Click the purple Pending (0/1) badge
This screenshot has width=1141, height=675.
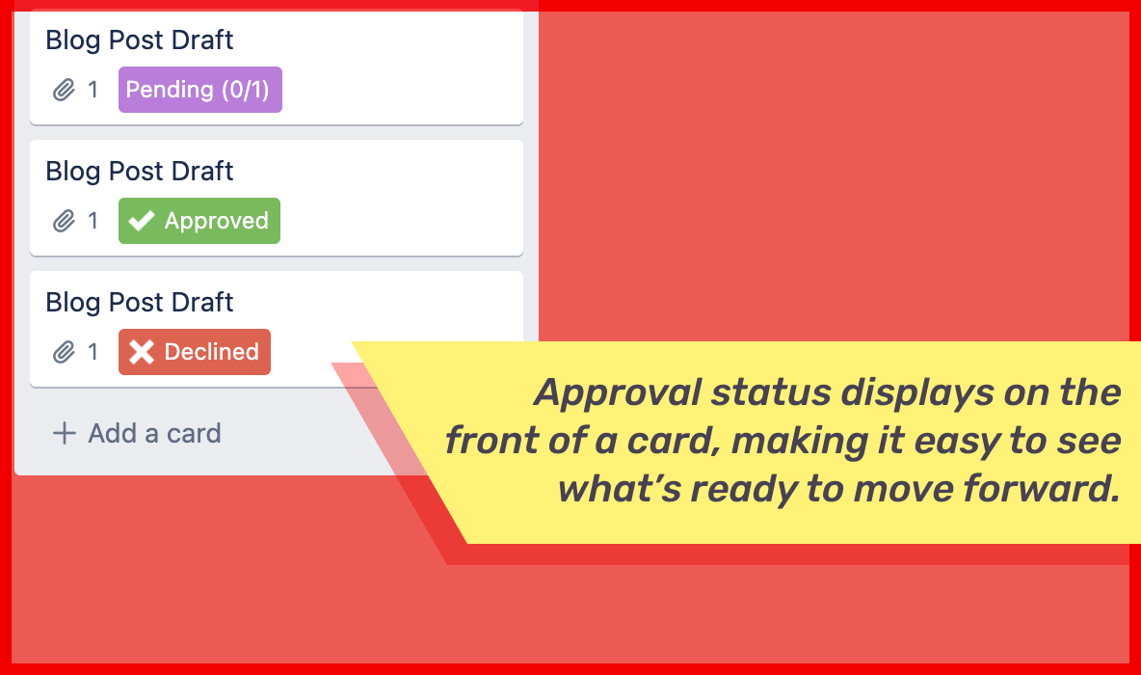pos(199,90)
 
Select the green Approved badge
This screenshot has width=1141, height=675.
pos(199,221)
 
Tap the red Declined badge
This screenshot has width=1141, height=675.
pos(195,352)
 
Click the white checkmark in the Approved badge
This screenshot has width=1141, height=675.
pos(142,221)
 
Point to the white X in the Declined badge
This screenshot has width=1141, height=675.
pos(142,352)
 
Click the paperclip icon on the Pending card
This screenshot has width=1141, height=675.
pos(64,91)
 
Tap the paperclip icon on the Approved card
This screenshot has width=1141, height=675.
pos(64,222)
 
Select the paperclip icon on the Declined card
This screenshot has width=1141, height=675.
pos(64,353)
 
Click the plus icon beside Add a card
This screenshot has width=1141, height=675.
pos(64,433)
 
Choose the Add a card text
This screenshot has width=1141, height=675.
pos(154,433)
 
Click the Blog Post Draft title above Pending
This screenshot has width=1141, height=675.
pos(140,40)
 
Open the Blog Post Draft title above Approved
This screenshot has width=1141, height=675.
pos(140,172)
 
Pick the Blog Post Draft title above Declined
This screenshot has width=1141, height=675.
pos(140,303)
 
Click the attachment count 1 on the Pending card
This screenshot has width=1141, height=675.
pos(93,91)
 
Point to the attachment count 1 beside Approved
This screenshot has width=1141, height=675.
pos(93,222)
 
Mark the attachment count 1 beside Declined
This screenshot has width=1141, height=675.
pos(93,353)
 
